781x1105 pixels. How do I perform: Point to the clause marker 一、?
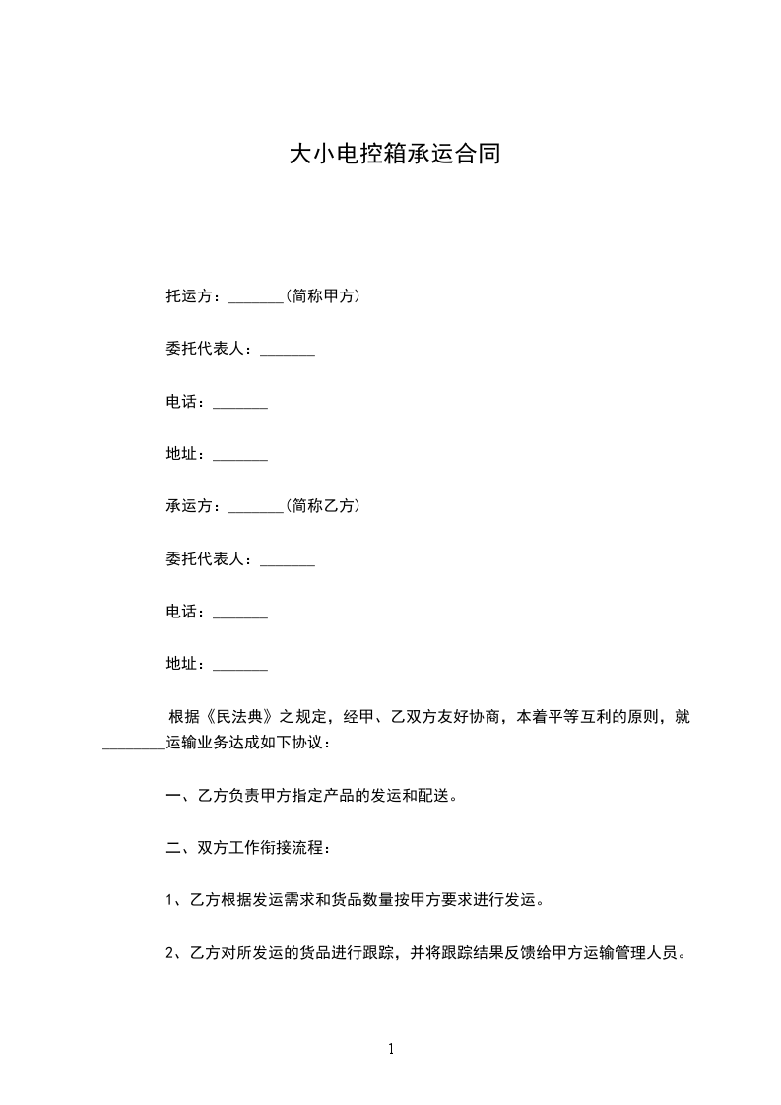point(177,795)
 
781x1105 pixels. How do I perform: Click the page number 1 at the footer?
point(391,1050)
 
